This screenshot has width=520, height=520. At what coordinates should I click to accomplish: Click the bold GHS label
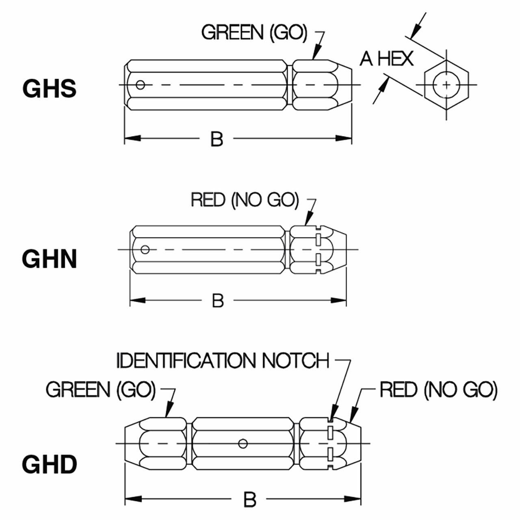(x=50, y=89)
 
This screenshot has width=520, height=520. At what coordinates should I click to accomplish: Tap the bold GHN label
(x=50, y=259)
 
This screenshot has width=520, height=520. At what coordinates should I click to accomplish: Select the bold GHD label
(x=50, y=464)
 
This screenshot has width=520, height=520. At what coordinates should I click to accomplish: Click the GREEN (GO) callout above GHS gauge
(x=254, y=32)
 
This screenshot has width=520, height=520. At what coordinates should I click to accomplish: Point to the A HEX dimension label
(x=387, y=59)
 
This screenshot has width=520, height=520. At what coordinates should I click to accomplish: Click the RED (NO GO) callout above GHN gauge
(x=245, y=200)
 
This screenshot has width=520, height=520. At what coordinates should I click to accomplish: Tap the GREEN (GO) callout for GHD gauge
(x=101, y=389)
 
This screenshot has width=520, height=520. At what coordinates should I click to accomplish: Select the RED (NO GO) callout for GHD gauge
(x=438, y=390)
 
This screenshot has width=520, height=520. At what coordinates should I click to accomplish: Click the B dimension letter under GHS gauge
(x=217, y=139)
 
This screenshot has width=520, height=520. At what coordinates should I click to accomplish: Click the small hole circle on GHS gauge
(x=140, y=85)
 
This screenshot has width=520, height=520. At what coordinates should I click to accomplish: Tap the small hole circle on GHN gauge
(x=145, y=249)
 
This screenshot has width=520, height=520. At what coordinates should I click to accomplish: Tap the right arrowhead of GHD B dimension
(x=353, y=499)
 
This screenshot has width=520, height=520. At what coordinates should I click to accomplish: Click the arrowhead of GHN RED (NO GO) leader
(x=309, y=218)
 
